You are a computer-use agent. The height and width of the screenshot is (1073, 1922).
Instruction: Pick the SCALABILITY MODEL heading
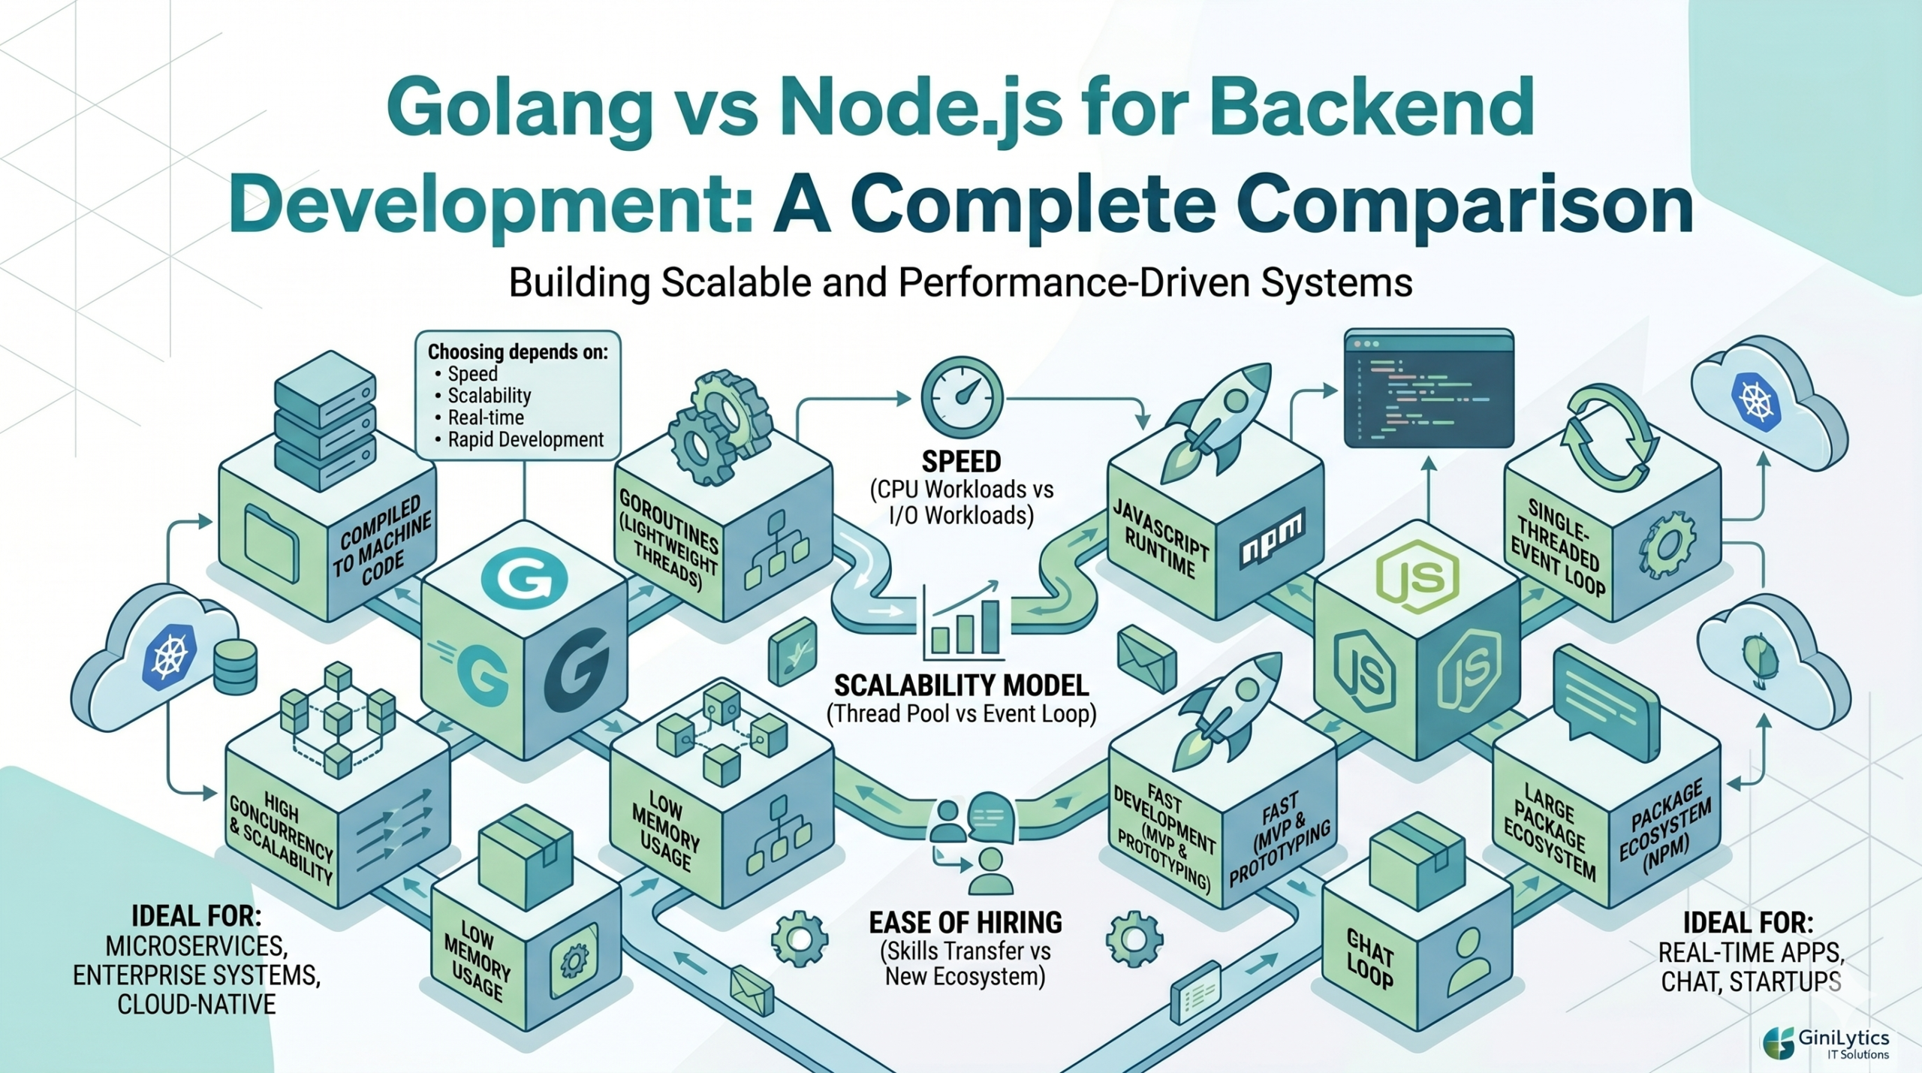pos(962,685)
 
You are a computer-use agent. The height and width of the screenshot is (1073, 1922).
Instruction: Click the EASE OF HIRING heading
pos(966,922)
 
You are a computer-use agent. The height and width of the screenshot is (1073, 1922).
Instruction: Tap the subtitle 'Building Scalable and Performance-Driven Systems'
pos(960,283)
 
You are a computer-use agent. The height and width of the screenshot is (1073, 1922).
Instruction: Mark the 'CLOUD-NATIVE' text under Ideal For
pos(197,1004)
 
